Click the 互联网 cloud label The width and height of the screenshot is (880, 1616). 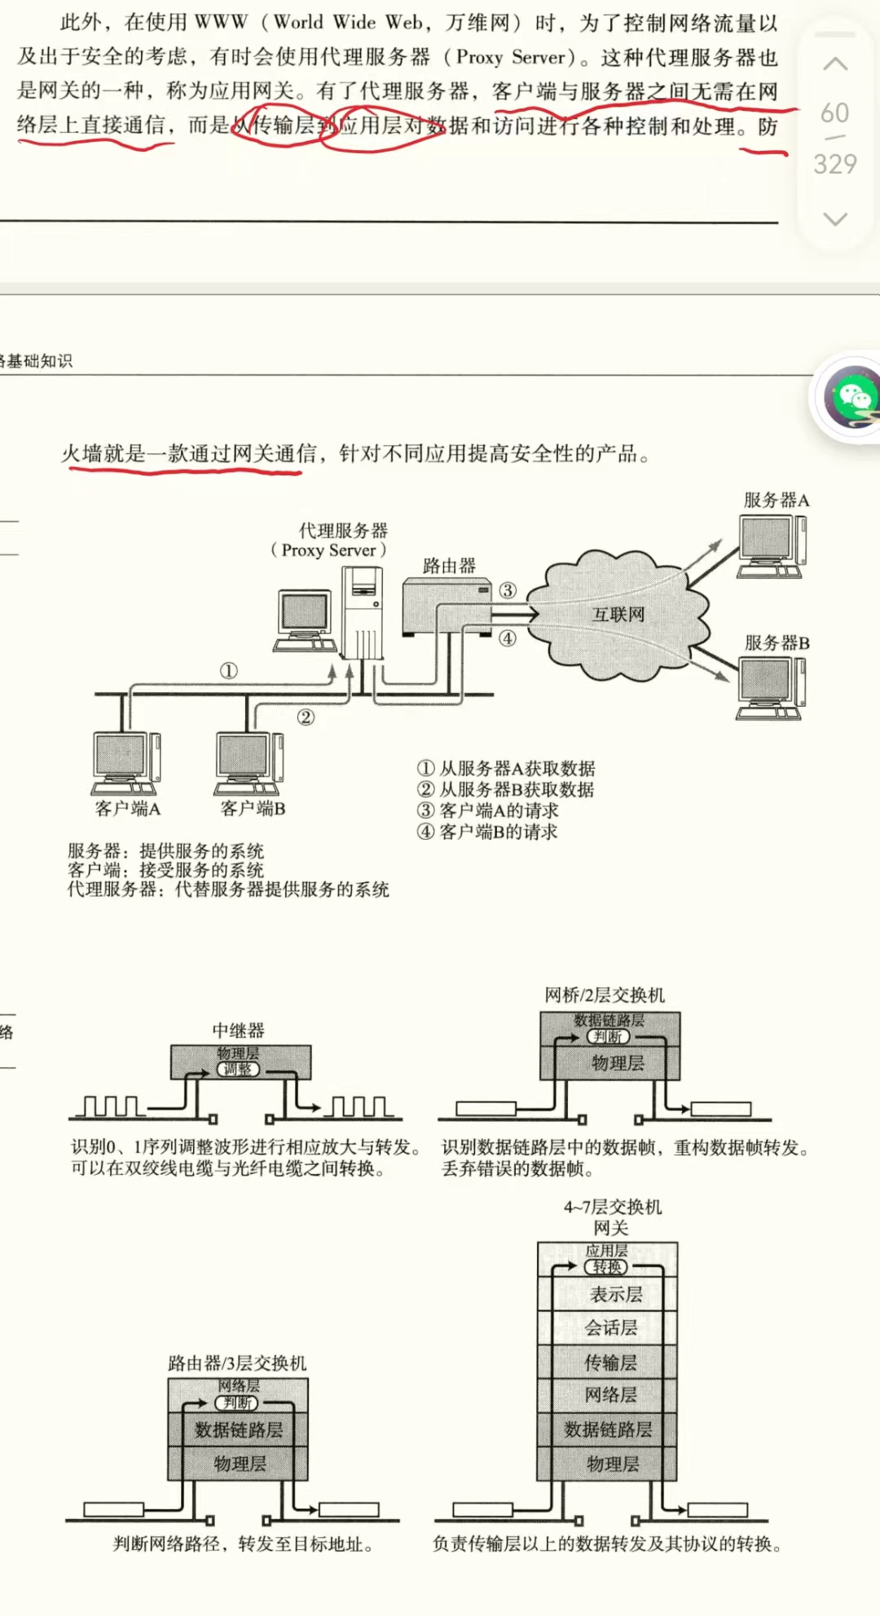(x=618, y=614)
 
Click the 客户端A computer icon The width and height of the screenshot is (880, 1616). (x=126, y=762)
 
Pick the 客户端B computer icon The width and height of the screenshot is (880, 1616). (x=249, y=762)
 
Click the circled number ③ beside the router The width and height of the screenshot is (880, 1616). (x=508, y=590)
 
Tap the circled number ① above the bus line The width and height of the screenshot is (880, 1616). (x=229, y=670)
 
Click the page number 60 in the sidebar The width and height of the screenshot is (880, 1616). (x=834, y=113)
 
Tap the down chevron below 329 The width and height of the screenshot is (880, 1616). (x=835, y=219)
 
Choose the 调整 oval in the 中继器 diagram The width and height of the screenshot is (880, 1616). (x=238, y=1069)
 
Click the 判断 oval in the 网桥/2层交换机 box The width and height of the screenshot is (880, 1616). (x=608, y=1036)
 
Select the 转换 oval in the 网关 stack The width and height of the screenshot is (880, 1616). (x=607, y=1267)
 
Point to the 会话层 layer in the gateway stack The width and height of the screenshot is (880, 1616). (x=611, y=1328)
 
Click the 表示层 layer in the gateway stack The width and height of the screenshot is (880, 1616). (x=616, y=1294)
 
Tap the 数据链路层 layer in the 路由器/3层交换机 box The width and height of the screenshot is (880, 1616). (x=238, y=1429)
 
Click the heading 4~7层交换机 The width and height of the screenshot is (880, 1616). (x=613, y=1207)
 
